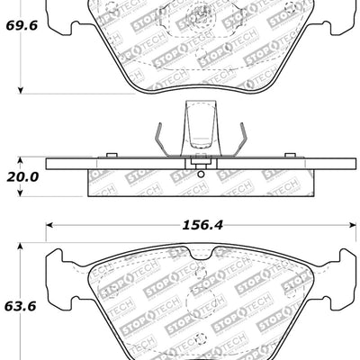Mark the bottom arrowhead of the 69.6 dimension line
coord(22,91)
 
